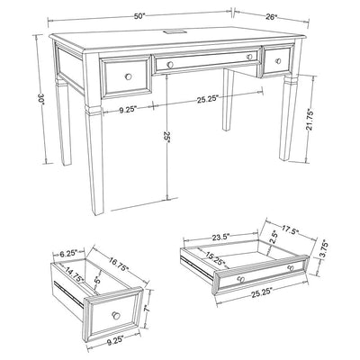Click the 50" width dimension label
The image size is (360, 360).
(x=139, y=16)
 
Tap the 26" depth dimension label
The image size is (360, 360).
(x=271, y=17)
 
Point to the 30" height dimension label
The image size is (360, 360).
(x=40, y=99)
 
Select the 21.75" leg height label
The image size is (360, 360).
(x=310, y=121)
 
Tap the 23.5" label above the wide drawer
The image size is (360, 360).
(x=220, y=237)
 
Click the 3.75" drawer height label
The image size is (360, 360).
(x=324, y=249)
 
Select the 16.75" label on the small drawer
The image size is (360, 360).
(x=118, y=264)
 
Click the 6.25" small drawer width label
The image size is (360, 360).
(x=68, y=254)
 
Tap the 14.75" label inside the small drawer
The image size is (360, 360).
(x=75, y=274)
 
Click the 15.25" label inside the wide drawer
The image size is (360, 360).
(x=215, y=258)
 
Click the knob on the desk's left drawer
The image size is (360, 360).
(x=129, y=76)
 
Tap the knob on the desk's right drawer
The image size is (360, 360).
(x=278, y=61)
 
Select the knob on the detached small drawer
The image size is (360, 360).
(x=116, y=315)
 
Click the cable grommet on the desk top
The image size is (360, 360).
(x=175, y=31)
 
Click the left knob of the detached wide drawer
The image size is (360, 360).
(x=241, y=279)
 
